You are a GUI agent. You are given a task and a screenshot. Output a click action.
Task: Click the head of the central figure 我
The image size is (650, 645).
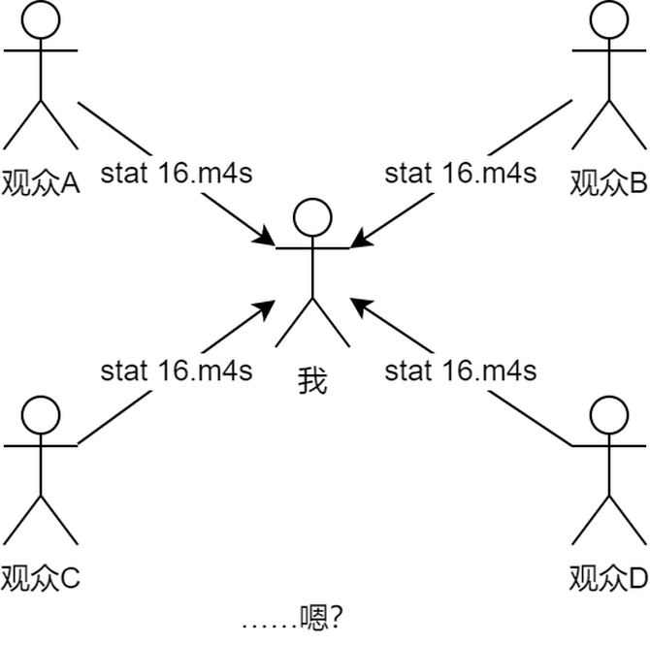tap(312, 219)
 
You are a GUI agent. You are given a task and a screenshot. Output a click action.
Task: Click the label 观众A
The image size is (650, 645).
tap(40, 182)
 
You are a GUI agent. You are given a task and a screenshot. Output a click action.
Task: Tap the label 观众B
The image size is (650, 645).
tap(607, 182)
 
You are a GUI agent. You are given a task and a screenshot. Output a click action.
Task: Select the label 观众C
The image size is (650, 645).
tap(40, 579)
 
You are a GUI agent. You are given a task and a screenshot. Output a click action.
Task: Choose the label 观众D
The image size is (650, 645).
tap(607, 579)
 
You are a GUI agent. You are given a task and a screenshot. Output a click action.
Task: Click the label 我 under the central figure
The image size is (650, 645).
tap(312, 379)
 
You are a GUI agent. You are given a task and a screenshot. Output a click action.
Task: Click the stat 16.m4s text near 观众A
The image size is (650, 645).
tap(177, 175)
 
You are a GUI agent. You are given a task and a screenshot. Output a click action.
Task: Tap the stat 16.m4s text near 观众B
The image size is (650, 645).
tap(461, 175)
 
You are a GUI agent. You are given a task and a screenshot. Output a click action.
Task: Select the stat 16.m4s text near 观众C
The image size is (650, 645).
tap(177, 371)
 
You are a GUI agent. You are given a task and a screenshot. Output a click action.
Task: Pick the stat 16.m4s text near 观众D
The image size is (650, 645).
tap(461, 371)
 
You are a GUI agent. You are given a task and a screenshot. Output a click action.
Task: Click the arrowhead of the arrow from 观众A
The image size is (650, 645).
tap(266, 237)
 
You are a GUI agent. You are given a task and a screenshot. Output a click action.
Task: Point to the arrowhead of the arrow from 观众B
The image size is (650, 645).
tap(359, 237)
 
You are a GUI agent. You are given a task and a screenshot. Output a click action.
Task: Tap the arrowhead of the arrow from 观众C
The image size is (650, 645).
tap(268, 307)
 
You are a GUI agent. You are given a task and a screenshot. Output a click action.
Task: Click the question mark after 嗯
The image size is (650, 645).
tap(337, 616)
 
